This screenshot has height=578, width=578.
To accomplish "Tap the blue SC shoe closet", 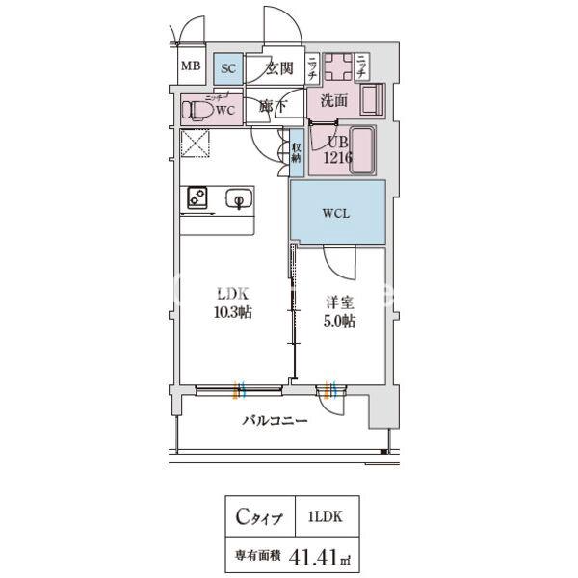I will pos(227,68).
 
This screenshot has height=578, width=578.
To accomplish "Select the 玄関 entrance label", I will pos(278,67).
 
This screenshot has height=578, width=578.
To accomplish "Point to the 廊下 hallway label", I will pos(272,108).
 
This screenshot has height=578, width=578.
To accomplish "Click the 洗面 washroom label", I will pos(333,99).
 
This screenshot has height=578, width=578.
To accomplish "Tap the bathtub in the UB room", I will pos(364,151).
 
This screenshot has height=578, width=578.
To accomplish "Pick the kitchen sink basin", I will pos(237,199).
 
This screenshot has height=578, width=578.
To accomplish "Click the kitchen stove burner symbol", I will pos(197,198).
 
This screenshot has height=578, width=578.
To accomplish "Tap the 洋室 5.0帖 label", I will pos(339,312).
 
